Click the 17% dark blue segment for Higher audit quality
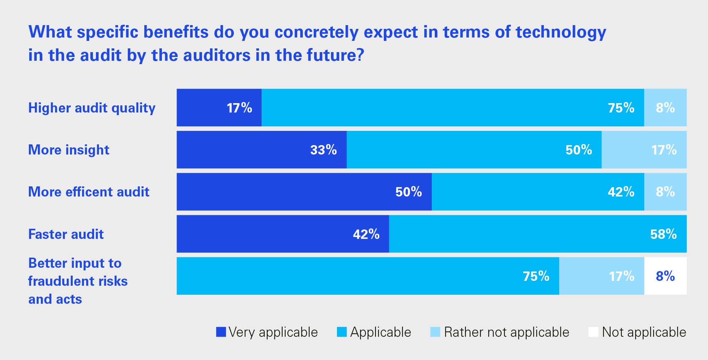coord(219,108)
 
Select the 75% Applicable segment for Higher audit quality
coord(453,108)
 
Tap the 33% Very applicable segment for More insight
coord(262,150)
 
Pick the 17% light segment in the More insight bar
coord(644,150)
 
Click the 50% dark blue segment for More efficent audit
coord(304,192)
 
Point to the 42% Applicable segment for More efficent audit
coord(538,192)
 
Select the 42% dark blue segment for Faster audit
coord(283,234)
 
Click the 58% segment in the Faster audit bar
coord(538,234)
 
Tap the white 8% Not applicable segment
coord(665,276)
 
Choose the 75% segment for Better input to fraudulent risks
coord(368,276)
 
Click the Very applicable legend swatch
coord(221,332)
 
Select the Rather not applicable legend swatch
coord(435,332)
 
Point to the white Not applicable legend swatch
coord(593,332)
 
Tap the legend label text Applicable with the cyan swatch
coord(380,332)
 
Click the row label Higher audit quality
coord(92,108)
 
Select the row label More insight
coord(69,150)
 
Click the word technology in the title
coord(561,32)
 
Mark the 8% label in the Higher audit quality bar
coord(665,108)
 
